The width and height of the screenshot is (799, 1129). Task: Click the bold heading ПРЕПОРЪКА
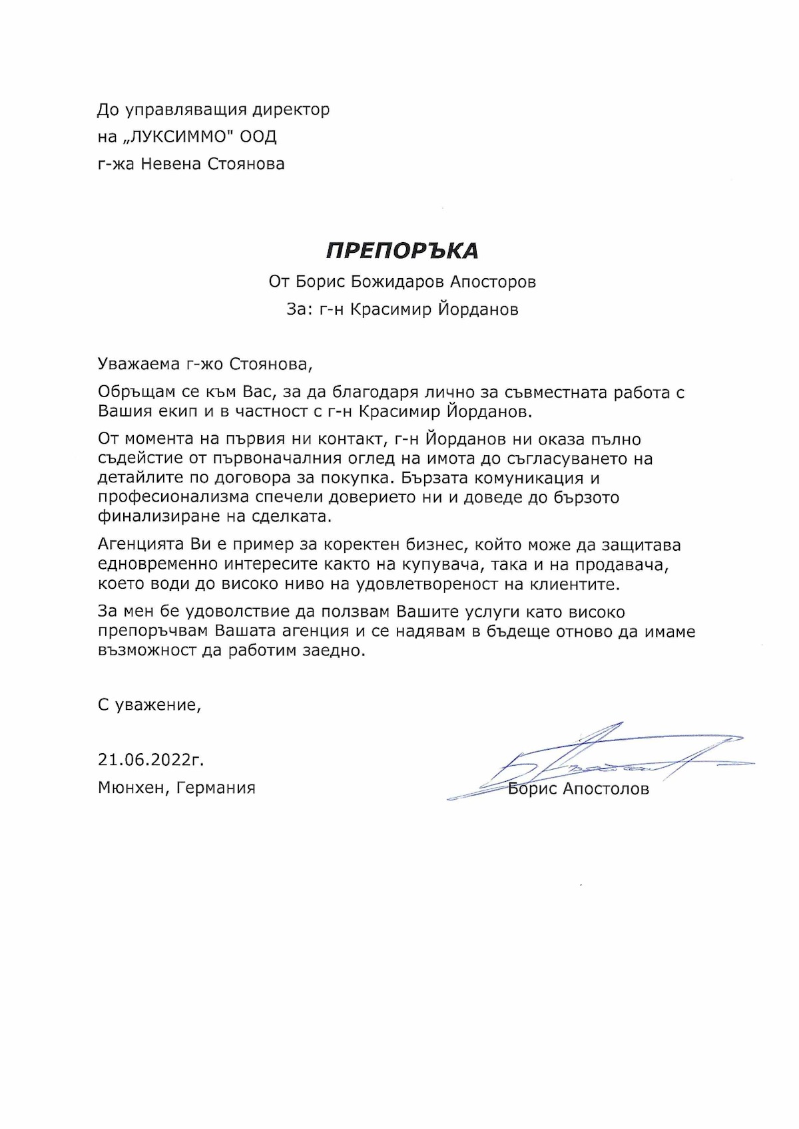click(x=401, y=250)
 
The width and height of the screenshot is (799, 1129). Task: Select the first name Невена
click(x=170, y=164)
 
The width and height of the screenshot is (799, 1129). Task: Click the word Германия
click(x=217, y=788)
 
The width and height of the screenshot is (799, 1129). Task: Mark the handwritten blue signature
click(x=599, y=762)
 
